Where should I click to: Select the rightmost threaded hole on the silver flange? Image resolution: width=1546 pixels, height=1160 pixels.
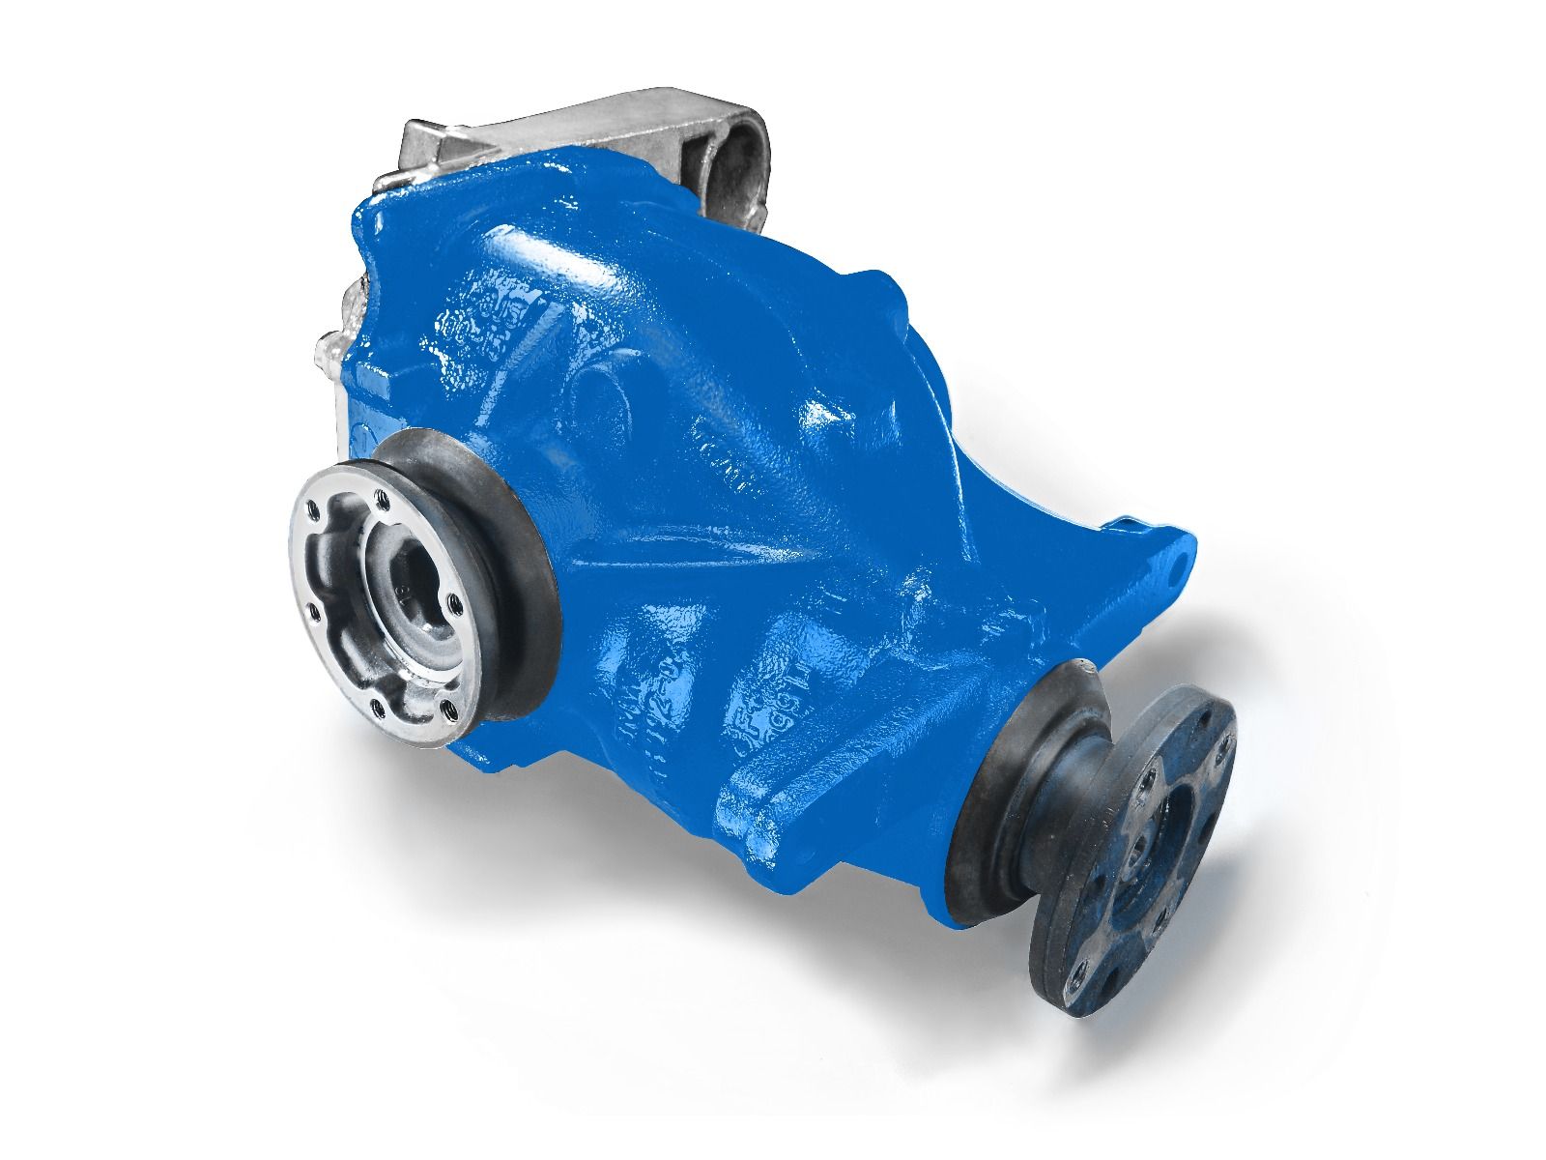[x=450, y=603]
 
